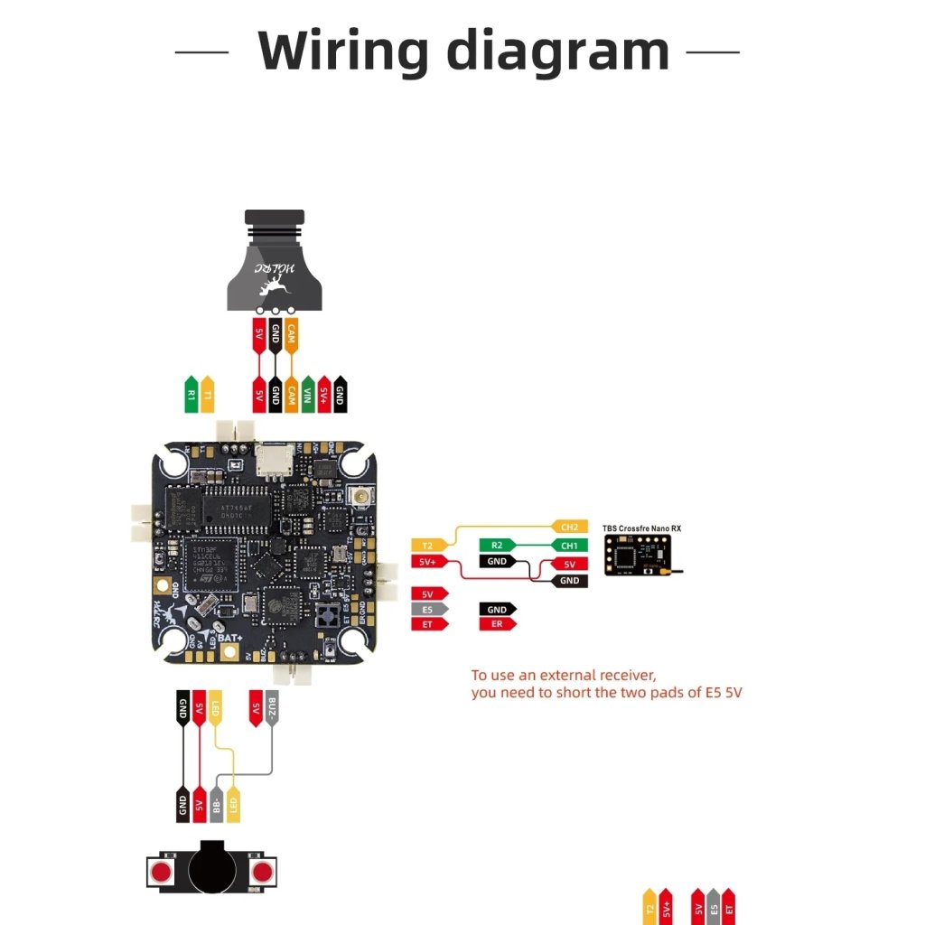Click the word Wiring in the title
coord(343,51)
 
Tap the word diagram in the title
coord(558,51)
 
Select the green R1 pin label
coord(191,395)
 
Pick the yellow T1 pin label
coord(207,395)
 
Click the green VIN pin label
coord(308,394)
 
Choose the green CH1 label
coord(568,545)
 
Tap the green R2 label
coord(497,545)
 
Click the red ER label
coord(497,624)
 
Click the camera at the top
coord(274,262)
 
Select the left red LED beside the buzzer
coord(162,872)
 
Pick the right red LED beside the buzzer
coord(263,872)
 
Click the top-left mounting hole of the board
coord(173,462)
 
